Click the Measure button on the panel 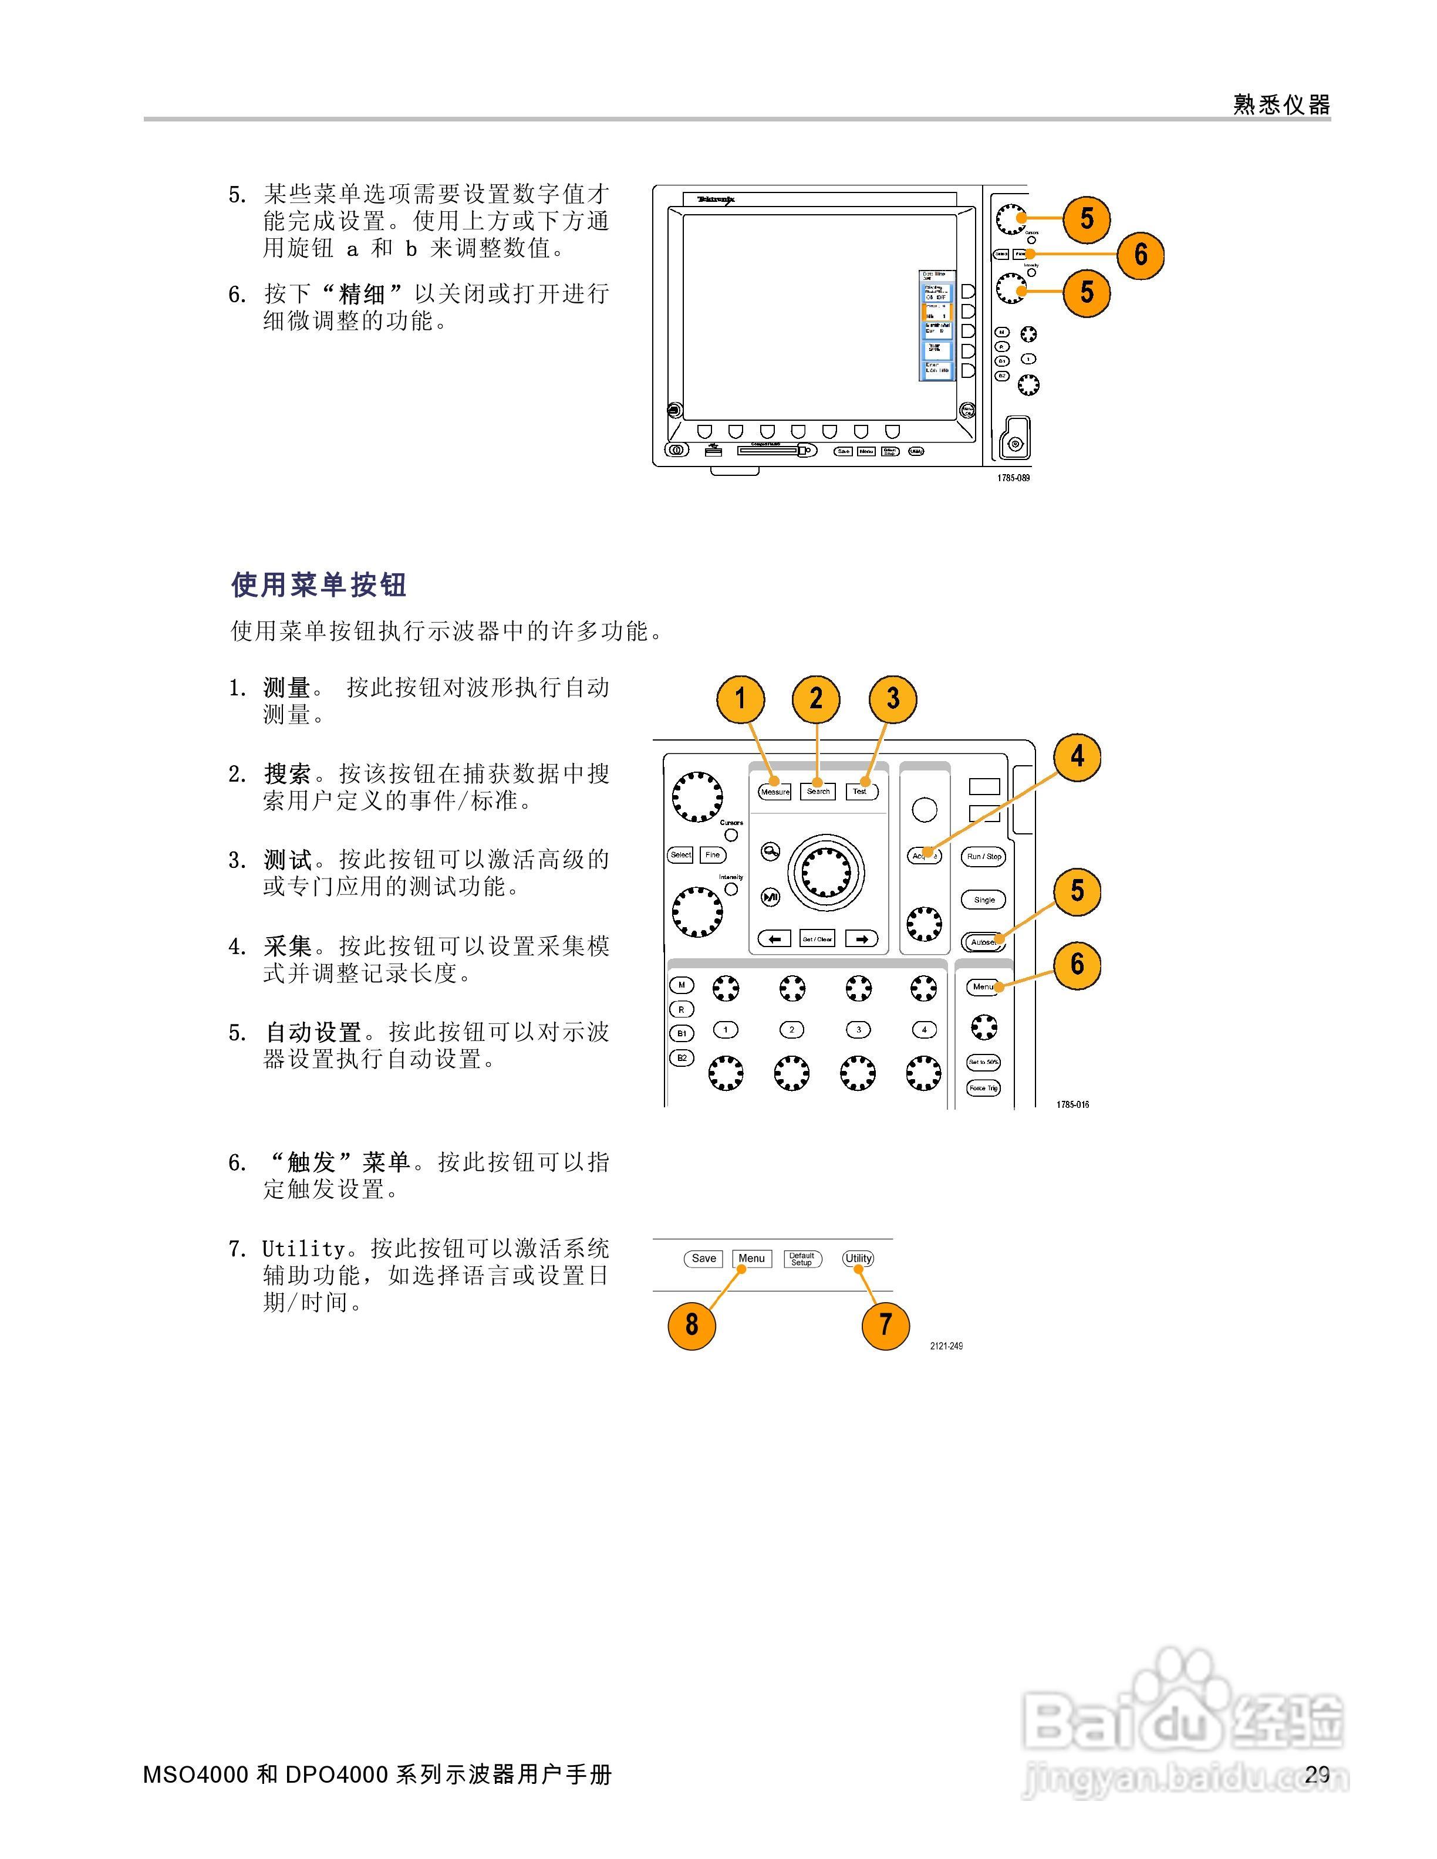click(x=775, y=792)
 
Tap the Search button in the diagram click(x=817, y=792)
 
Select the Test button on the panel click(x=861, y=792)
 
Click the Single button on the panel click(x=983, y=900)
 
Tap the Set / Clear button click(x=817, y=939)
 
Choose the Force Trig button click(x=983, y=1088)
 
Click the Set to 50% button click(x=983, y=1062)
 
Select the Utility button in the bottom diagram click(x=858, y=1258)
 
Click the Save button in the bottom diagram click(x=703, y=1258)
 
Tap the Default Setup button click(x=802, y=1259)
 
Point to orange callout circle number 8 click(x=691, y=1324)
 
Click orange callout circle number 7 click(x=885, y=1324)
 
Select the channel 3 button click(x=858, y=1030)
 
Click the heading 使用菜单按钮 click(x=319, y=585)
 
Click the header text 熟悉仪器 click(x=1281, y=104)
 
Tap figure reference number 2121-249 click(x=946, y=1346)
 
